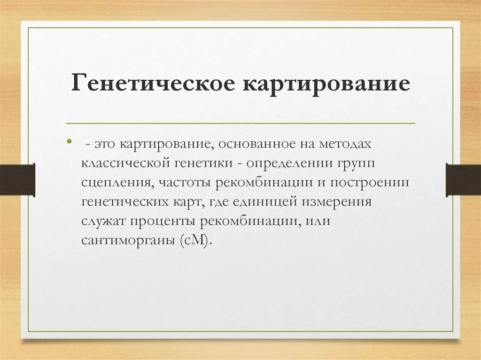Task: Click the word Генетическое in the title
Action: click(152, 85)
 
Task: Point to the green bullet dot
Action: click(70, 141)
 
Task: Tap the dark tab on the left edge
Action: click(17, 179)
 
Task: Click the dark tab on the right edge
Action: click(463, 179)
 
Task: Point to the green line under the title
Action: click(241, 123)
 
